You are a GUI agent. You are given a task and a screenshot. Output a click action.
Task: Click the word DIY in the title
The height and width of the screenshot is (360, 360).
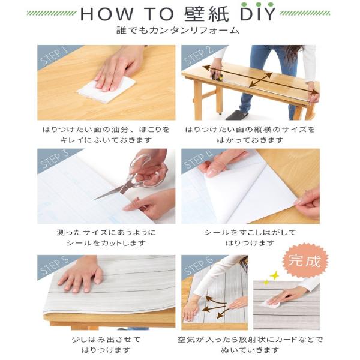[257, 14]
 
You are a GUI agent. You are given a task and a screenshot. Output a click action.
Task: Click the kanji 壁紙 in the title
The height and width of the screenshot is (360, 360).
[206, 14]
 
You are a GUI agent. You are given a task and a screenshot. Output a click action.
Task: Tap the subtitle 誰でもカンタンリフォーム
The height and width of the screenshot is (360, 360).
[178, 31]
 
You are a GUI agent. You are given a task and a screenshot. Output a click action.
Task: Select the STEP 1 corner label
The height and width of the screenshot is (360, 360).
[54, 56]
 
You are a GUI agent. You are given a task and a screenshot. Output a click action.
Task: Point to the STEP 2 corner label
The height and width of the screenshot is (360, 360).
[199, 56]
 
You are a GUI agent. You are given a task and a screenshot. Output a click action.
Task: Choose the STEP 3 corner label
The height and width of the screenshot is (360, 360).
[54, 159]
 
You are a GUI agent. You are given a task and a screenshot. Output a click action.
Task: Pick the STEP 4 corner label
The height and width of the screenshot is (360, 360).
[198, 159]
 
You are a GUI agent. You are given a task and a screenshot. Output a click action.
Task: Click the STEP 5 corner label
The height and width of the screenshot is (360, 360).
[54, 266]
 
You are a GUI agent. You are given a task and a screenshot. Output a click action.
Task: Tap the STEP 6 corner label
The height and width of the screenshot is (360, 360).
[199, 266]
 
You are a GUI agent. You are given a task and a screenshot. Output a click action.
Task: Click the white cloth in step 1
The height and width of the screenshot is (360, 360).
[107, 90]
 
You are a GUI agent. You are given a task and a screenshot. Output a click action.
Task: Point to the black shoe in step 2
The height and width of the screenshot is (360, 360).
[237, 115]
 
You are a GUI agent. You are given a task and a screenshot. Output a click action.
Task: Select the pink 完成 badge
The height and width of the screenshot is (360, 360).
[304, 261]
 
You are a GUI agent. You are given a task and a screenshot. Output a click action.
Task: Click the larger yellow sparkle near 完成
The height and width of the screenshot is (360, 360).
[275, 275]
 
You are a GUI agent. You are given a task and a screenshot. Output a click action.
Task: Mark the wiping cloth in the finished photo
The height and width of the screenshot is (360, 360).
[271, 304]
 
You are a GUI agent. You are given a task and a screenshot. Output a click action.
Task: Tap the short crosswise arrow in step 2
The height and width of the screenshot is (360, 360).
[261, 80]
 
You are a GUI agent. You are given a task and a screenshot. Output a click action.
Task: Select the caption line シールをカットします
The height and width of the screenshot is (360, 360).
[106, 243]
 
